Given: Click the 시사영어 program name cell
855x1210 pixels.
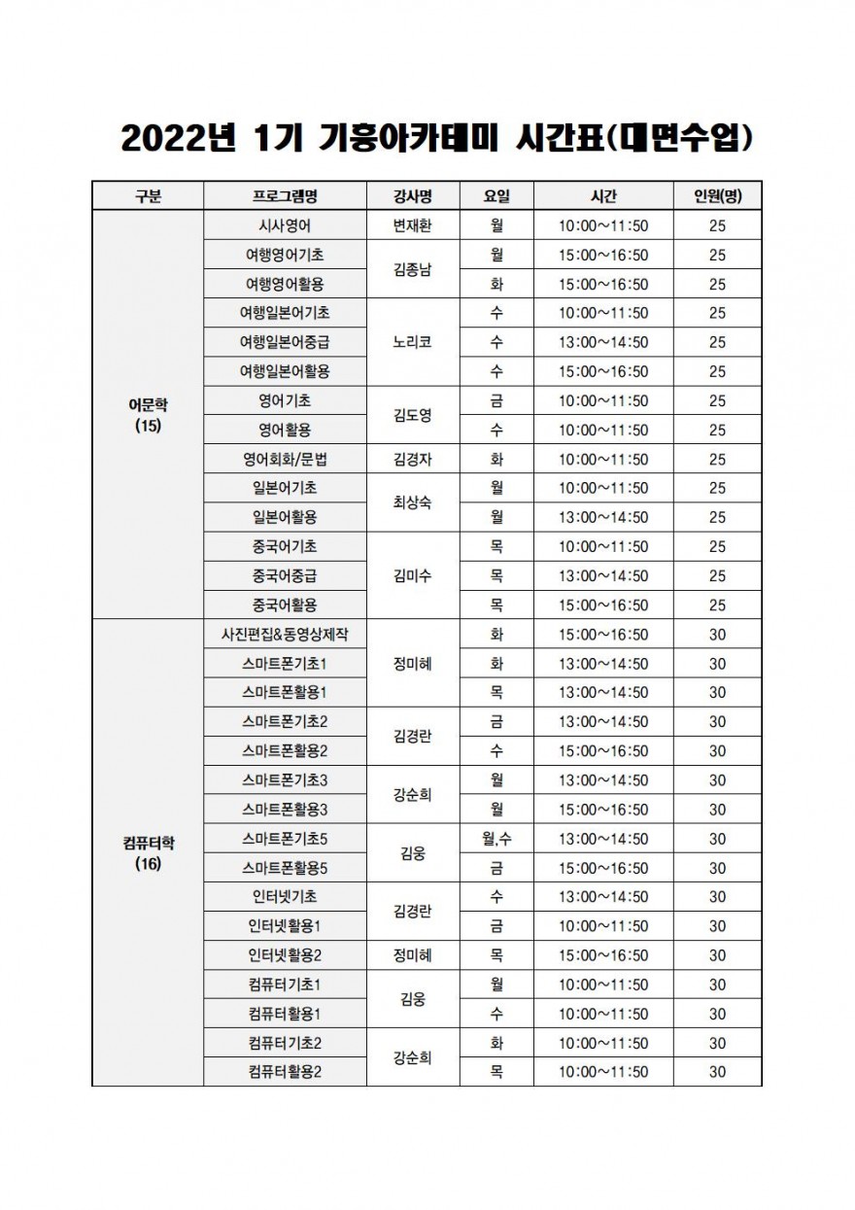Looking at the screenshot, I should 285,225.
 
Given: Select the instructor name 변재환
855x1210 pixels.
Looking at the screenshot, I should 412,225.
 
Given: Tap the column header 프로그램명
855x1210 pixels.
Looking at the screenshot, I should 285,196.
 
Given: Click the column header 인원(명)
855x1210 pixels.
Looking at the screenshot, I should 717,196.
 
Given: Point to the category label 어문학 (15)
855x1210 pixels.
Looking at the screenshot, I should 148,415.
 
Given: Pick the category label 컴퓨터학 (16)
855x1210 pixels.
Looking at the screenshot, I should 148,852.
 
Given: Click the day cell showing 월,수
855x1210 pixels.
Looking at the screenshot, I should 496,839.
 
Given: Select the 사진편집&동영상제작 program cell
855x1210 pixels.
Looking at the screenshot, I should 285,635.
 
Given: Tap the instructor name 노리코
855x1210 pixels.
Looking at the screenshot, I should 412,342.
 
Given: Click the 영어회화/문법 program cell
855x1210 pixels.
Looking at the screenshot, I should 285,459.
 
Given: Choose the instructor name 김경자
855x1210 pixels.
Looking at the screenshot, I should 412,459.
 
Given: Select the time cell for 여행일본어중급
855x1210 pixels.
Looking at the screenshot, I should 602,342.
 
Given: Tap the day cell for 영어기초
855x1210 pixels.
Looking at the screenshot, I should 496,400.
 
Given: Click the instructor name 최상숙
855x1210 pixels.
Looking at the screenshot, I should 412,502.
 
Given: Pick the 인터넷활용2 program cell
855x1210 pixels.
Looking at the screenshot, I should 285,955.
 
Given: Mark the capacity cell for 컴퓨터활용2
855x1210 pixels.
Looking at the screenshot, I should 717,1072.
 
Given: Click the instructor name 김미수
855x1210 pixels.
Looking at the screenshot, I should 412,575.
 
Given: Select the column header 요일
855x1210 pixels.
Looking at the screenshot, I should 496,196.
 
